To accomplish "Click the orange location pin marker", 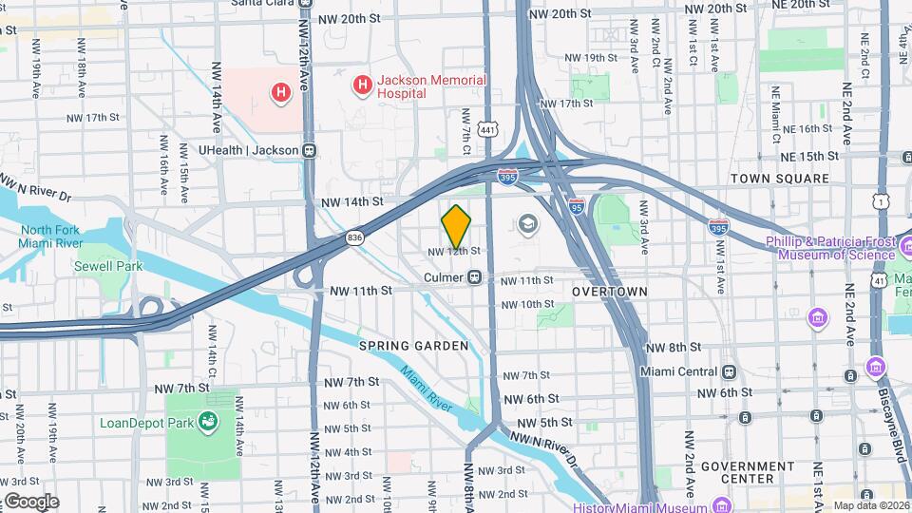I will coord(457,225).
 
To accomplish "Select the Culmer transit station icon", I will coord(474,277).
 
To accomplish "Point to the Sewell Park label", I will coord(108,266).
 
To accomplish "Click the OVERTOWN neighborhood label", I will coord(611,292).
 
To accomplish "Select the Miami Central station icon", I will coord(730,371).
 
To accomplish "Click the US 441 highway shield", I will coord(487,129).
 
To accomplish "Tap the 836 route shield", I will coord(354,237).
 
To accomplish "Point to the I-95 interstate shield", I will coord(577,205).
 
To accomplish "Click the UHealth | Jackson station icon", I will coord(309,150).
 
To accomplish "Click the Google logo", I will coord(31,502).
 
